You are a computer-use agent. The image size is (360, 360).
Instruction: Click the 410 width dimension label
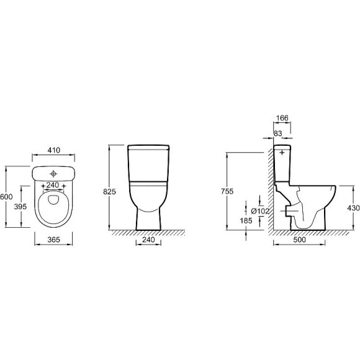click(x=54, y=150)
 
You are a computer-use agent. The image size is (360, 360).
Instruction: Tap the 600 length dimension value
click(x=6, y=197)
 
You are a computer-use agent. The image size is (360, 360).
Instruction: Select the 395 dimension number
click(x=20, y=207)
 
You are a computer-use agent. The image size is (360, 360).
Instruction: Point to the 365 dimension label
click(x=54, y=240)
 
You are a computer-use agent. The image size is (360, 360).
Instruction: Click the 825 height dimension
click(x=109, y=191)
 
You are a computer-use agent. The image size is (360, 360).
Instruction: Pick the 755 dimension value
click(x=227, y=191)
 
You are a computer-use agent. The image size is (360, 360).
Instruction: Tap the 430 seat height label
click(x=353, y=208)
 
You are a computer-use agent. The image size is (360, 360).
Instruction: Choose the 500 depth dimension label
click(x=300, y=240)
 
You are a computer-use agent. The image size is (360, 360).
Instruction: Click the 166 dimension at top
click(x=282, y=118)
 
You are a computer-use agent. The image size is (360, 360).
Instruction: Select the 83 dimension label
click(x=278, y=133)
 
